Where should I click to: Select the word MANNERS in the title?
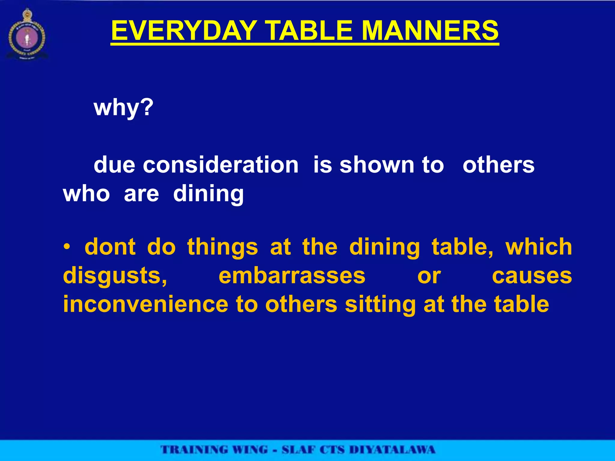(430, 31)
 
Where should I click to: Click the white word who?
(86, 194)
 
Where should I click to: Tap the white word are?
(141, 194)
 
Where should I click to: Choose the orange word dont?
(110, 247)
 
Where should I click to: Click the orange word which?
(539, 247)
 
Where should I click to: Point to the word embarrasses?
(292, 276)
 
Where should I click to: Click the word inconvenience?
(146, 304)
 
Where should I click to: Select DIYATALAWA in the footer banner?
(392, 450)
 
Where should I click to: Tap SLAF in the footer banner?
(298, 450)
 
